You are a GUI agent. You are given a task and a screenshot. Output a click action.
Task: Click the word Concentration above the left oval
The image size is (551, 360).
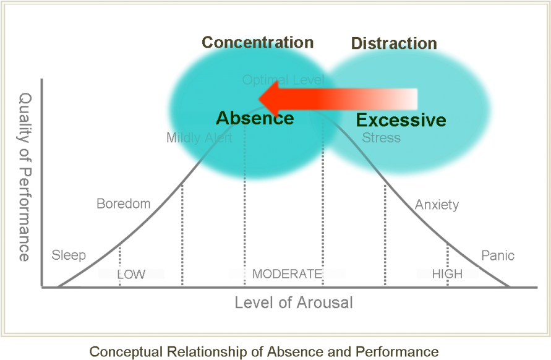click(x=257, y=43)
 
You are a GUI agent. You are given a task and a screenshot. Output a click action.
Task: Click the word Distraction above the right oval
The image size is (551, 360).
click(x=394, y=43)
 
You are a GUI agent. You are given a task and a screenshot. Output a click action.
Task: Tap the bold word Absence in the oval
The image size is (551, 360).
click(x=255, y=118)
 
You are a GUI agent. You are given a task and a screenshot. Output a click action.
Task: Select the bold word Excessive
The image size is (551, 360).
click(x=401, y=120)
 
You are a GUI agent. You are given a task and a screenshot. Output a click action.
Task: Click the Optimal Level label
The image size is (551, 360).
click(x=283, y=80)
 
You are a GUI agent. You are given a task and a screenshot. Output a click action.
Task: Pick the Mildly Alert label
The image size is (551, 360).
click(x=199, y=138)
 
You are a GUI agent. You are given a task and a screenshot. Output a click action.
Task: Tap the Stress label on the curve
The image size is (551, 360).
click(x=381, y=138)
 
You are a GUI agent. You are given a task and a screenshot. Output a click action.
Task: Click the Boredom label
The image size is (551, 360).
click(x=124, y=204)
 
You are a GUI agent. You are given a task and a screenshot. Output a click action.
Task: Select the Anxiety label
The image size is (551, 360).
click(x=437, y=205)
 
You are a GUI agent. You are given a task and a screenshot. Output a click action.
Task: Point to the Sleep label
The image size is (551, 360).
click(x=69, y=255)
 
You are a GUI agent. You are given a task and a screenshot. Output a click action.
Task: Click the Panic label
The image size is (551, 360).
click(x=497, y=255)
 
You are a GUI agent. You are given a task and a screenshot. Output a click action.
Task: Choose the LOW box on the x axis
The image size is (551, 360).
click(x=131, y=274)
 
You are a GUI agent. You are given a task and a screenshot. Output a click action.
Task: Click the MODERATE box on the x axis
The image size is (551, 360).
click(x=287, y=274)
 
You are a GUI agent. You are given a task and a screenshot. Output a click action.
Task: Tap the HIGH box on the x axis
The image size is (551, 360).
click(x=447, y=273)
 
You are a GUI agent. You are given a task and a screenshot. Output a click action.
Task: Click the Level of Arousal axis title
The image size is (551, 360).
click(x=293, y=302)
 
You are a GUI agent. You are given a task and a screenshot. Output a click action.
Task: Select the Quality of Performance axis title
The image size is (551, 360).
click(x=26, y=177)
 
